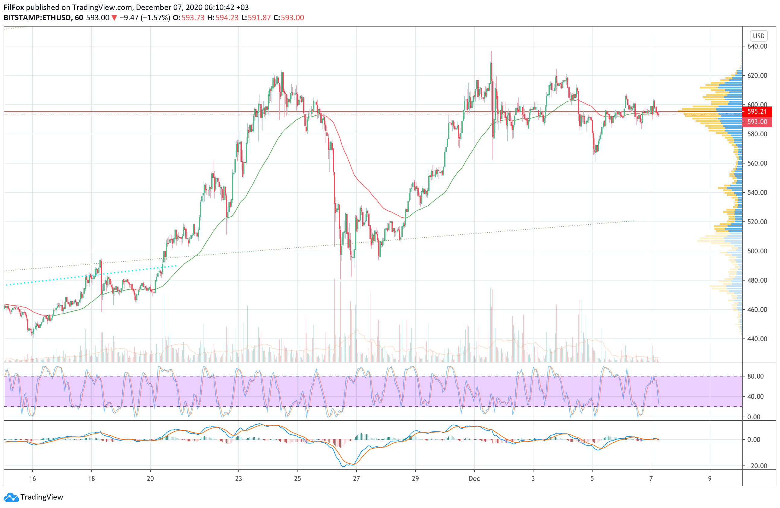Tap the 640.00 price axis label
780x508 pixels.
tap(757, 46)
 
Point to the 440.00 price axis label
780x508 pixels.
tap(757, 339)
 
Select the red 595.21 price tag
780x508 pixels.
tap(757, 112)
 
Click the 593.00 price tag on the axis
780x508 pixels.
tap(757, 122)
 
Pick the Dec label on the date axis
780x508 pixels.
tap(474, 478)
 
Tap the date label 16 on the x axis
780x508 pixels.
tap(33, 478)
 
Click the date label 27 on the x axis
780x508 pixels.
tap(356, 478)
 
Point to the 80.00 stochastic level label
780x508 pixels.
tap(755, 376)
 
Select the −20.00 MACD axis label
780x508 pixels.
tap(756, 466)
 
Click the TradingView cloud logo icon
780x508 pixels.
tap(11, 497)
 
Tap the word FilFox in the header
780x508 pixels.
tap(14, 7)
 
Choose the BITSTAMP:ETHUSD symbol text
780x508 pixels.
tap(38, 18)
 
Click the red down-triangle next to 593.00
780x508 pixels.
tap(114, 18)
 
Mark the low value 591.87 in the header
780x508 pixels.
tap(259, 18)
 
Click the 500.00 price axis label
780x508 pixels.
tap(757, 251)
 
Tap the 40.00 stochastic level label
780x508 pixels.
tap(755, 396)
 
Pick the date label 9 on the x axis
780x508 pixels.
tap(710, 478)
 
